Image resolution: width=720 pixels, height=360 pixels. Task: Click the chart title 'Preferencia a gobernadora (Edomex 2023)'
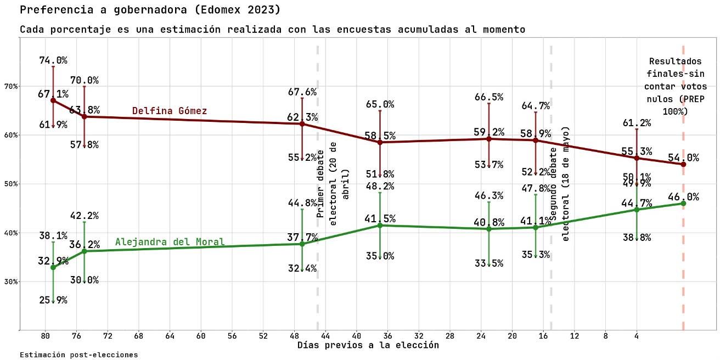click(150, 10)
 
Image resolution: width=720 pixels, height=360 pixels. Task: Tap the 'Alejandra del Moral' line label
click(170, 242)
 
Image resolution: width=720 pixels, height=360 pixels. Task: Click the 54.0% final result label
click(683, 158)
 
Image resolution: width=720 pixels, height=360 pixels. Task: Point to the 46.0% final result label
click(683, 197)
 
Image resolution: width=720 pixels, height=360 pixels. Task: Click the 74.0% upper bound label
click(53, 60)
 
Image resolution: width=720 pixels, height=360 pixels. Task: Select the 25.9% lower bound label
click(53, 300)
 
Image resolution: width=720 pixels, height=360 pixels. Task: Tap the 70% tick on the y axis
click(12, 86)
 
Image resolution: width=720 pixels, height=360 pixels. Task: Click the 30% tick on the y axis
click(12, 282)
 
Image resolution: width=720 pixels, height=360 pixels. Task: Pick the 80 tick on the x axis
click(46, 336)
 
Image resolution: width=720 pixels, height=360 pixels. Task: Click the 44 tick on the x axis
click(325, 336)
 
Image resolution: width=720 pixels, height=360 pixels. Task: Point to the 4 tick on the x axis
click(637, 336)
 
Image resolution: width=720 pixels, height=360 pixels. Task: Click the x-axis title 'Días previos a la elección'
click(368, 345)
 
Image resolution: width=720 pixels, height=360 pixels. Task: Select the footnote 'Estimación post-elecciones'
click(78, 355)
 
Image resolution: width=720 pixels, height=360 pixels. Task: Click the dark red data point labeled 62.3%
click(302, 124)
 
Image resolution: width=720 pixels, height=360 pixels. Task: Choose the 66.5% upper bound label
click(488, 97)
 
